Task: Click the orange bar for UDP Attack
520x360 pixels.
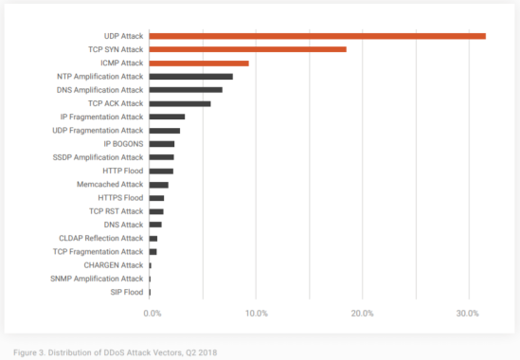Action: tap(317, 36)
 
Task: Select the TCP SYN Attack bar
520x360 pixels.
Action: tap(248, 49)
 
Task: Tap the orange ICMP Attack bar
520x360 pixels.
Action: tap(199, 63)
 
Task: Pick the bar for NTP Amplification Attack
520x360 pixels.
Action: tap(191, 77)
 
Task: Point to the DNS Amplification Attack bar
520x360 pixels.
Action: tap(186, 90)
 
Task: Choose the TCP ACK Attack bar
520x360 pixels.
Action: tap(180, 104)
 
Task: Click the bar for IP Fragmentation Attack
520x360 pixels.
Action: tap(167, 117)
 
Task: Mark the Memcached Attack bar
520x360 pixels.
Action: tap(159, 185)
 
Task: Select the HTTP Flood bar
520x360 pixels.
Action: tap(161, 171)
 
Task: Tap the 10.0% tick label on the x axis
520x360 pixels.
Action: tap(257, 314)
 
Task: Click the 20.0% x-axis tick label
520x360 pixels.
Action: tap(362, 314)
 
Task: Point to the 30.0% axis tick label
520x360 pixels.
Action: tap(468, 314)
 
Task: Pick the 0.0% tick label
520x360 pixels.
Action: tap(152, 314)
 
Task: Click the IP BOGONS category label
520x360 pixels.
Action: tap(123, 144)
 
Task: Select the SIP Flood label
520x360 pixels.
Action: tap(127, 293)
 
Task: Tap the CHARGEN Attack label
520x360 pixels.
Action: tap(114, 265)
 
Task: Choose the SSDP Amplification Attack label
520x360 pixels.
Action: tap(98, 157)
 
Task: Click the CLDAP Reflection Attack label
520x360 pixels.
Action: tap(101, 238)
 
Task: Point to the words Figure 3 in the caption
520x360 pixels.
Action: tap(29, 352)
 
